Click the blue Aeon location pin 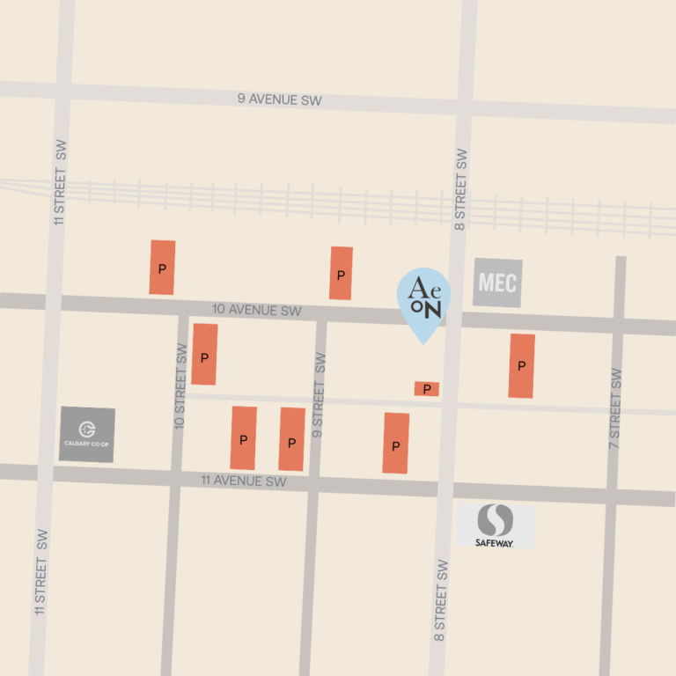point(423,300)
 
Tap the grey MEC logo point(497,283)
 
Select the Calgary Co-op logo point(87,435)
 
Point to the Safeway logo point(495,526)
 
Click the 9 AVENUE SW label point(279,99)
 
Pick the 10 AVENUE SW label point(257,311)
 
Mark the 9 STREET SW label point(319,395)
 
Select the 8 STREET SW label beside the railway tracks point(461,190)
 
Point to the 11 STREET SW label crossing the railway point(60,182)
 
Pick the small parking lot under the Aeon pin point(427,388)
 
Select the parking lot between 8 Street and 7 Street point(522,365)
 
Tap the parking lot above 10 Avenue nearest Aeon point(342,273)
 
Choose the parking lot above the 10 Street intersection point(162,267)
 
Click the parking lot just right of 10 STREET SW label point(204,355)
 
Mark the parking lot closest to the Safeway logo point(396,444)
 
